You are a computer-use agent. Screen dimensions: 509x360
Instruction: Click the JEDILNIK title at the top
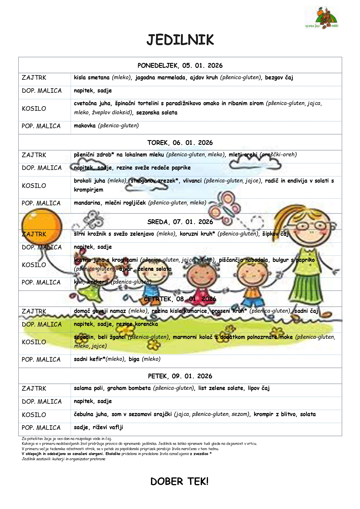tap(180, 40)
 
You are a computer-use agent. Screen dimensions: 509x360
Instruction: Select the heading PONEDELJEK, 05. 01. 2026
tap(180, 66)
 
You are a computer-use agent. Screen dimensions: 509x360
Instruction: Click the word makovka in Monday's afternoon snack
tap(84, 126)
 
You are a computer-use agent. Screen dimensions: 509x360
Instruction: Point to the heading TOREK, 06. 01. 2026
tap(180, 143)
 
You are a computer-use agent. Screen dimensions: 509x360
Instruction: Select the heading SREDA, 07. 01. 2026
tap(180, 222)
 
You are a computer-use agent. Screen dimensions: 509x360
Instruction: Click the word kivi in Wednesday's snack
tap(78, 282)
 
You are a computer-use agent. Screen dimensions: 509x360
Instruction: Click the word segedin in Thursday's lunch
tap(84, 337)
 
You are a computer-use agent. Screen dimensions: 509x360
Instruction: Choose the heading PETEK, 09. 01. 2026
tap(180, 376)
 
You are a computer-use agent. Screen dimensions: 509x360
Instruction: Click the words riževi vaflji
tap(108, 427)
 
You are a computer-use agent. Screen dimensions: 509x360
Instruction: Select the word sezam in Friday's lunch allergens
tap(240, 414)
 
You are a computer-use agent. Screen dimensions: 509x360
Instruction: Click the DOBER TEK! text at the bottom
tap(179, 481)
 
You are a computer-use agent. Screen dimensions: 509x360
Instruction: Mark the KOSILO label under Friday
tap(34, 415)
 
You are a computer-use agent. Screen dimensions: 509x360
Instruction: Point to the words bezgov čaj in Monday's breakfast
tap(279, 77)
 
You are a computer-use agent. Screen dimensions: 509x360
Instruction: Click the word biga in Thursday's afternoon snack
tap(134, 359)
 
